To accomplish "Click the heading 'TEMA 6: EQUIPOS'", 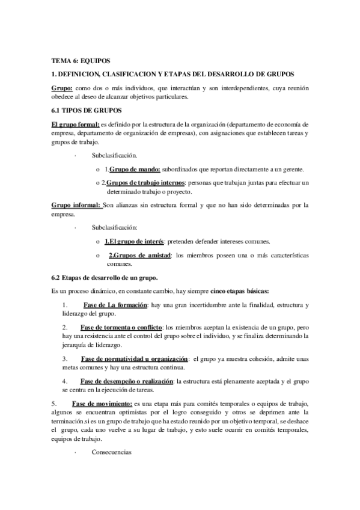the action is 81,61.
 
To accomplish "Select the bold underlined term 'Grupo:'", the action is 63,88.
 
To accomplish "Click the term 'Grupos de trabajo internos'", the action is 146,182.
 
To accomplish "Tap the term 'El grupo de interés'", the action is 129,242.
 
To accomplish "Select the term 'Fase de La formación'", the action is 115,306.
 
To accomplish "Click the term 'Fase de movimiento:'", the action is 103,402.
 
